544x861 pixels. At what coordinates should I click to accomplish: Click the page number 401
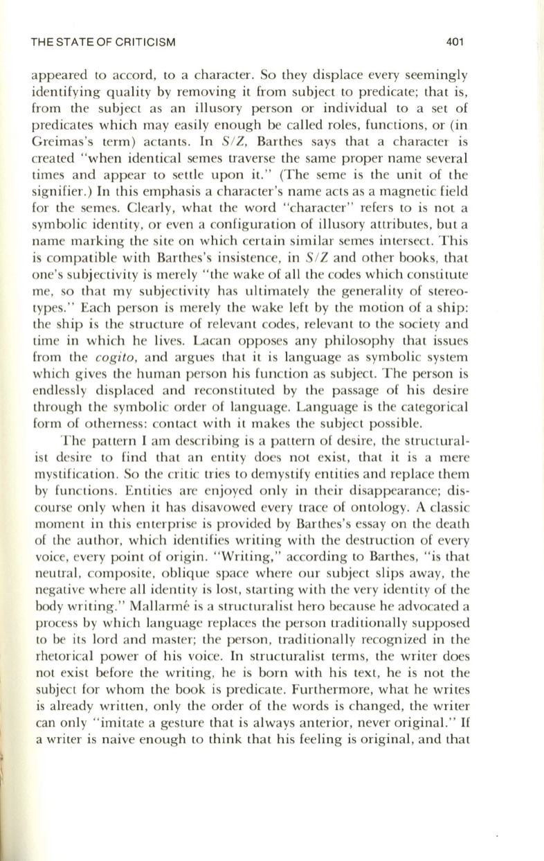(x=453, y=42)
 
